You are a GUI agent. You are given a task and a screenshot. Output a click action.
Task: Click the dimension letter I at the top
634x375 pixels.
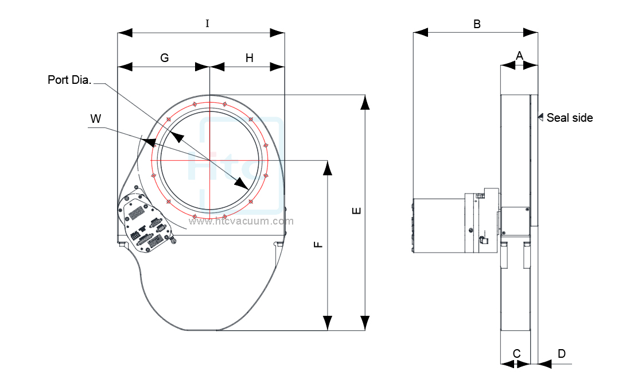[x=207, y=24]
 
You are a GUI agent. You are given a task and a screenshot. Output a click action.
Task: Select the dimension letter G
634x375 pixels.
[x=164, y=58]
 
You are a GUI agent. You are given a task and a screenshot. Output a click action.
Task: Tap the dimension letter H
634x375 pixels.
[x=249, y=58]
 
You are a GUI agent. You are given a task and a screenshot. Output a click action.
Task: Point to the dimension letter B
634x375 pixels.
[x=476, y=24]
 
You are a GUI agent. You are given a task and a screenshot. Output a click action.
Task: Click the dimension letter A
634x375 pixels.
[x=519, y=56]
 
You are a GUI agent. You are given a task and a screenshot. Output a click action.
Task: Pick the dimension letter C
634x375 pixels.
[x=516, y=353]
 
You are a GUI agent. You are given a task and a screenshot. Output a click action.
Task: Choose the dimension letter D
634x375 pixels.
[x=562, y=353]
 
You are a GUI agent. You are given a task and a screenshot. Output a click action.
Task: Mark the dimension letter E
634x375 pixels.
[x=356, y=211]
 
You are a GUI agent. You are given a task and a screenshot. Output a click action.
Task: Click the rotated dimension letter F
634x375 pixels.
[x=319, y=245]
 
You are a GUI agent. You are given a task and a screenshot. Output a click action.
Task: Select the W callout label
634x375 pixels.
[x=96, y=119]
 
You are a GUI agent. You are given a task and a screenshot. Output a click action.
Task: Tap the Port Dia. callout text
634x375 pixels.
[x=69, y=80]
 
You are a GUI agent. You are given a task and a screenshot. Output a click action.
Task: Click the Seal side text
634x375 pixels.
[x=569, y=118]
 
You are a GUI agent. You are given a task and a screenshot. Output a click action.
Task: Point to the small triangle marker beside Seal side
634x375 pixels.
[x=540, y=117]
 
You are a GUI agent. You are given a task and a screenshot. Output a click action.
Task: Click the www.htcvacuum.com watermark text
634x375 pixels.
[x=241, y=221]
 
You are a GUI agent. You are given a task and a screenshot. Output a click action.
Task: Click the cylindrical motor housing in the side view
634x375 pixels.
[x=438, y=226]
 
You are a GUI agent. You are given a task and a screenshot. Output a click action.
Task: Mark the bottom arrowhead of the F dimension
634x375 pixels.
[x=328, y=323]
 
